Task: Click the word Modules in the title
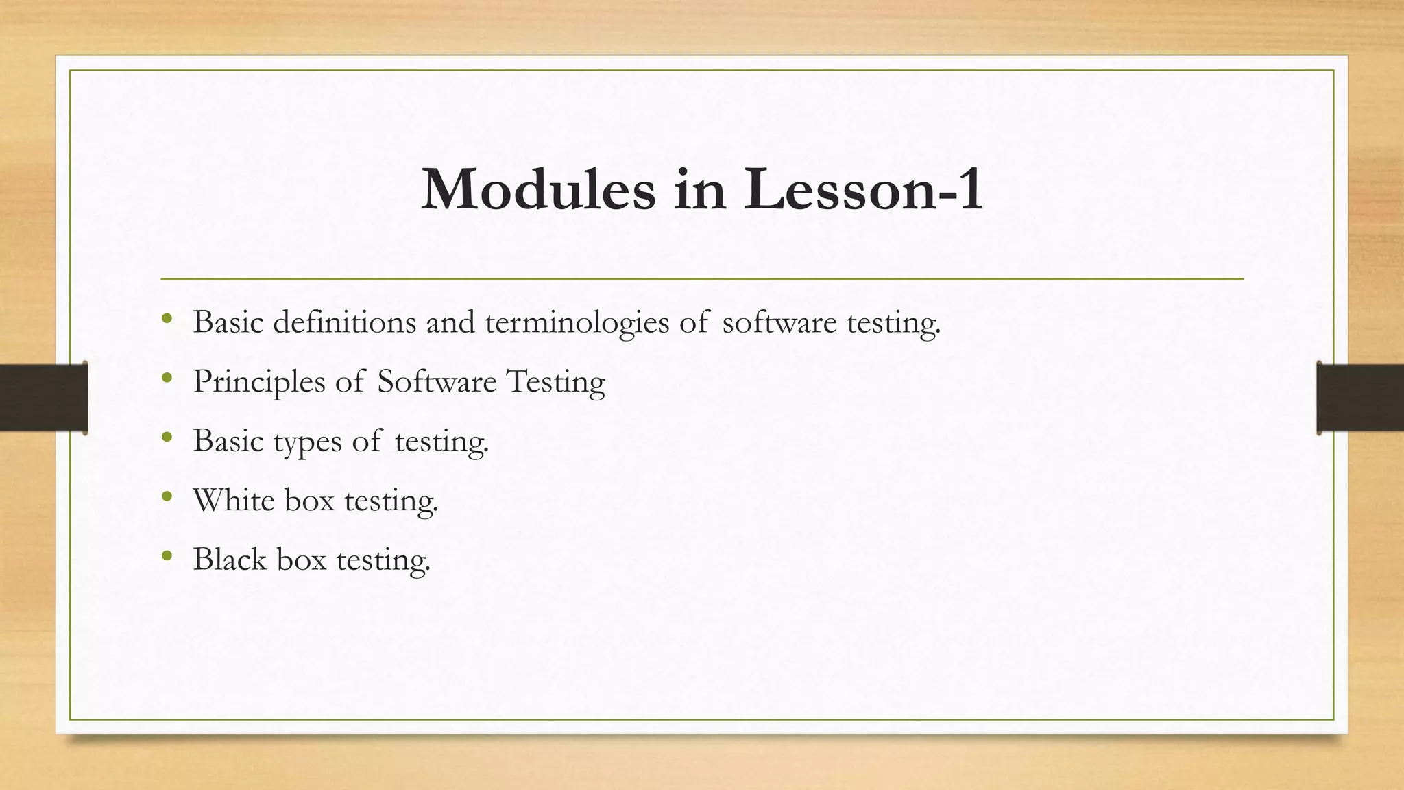[538, 190]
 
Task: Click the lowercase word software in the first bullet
[779, 322]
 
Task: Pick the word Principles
[258, 383]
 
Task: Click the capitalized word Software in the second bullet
[437, 381]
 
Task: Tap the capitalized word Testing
[555, 383]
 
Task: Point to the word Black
[229, 559]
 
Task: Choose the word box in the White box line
[309, 500]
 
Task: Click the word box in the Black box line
[302, 559]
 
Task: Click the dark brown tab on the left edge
[43, 398]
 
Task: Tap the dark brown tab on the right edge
[1360, 398]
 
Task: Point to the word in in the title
[699, 190]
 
